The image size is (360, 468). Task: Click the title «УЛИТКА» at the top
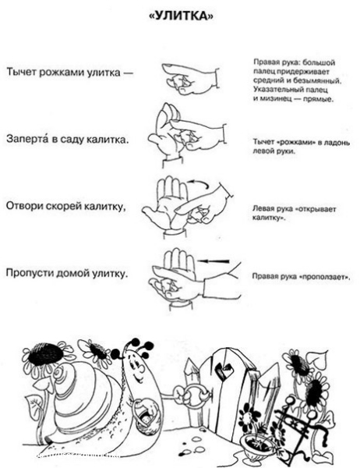[181, 16]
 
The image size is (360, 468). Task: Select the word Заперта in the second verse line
[27, 139]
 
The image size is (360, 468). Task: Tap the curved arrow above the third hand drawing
[198, 182]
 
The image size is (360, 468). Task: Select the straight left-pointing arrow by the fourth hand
[214, 261]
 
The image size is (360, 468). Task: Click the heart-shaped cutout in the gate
[224, 369]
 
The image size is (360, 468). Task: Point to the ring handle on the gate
[195, 395]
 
